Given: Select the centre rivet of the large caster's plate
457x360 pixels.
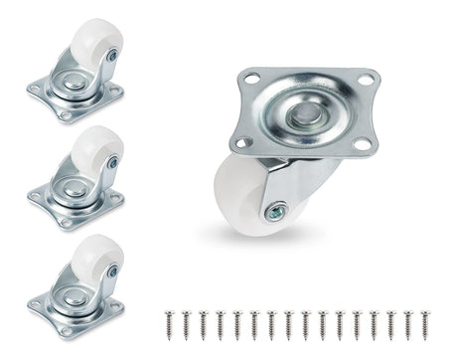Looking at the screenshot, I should tap(302, 114).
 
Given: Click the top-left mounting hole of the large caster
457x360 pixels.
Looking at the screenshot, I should tap(248, 79).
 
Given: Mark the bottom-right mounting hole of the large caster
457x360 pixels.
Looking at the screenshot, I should tap(362, 145).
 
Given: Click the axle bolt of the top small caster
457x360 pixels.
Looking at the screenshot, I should tap(113, 57).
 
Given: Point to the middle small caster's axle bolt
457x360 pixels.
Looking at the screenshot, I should tap(113, 162).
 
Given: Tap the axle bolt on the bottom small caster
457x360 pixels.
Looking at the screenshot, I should tap(113, 270).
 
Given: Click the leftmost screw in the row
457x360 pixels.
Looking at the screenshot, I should tap(168, 322).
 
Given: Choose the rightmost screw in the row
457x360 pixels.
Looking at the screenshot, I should tap(427, 322).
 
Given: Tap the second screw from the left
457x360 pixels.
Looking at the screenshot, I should tap(185, 322).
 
